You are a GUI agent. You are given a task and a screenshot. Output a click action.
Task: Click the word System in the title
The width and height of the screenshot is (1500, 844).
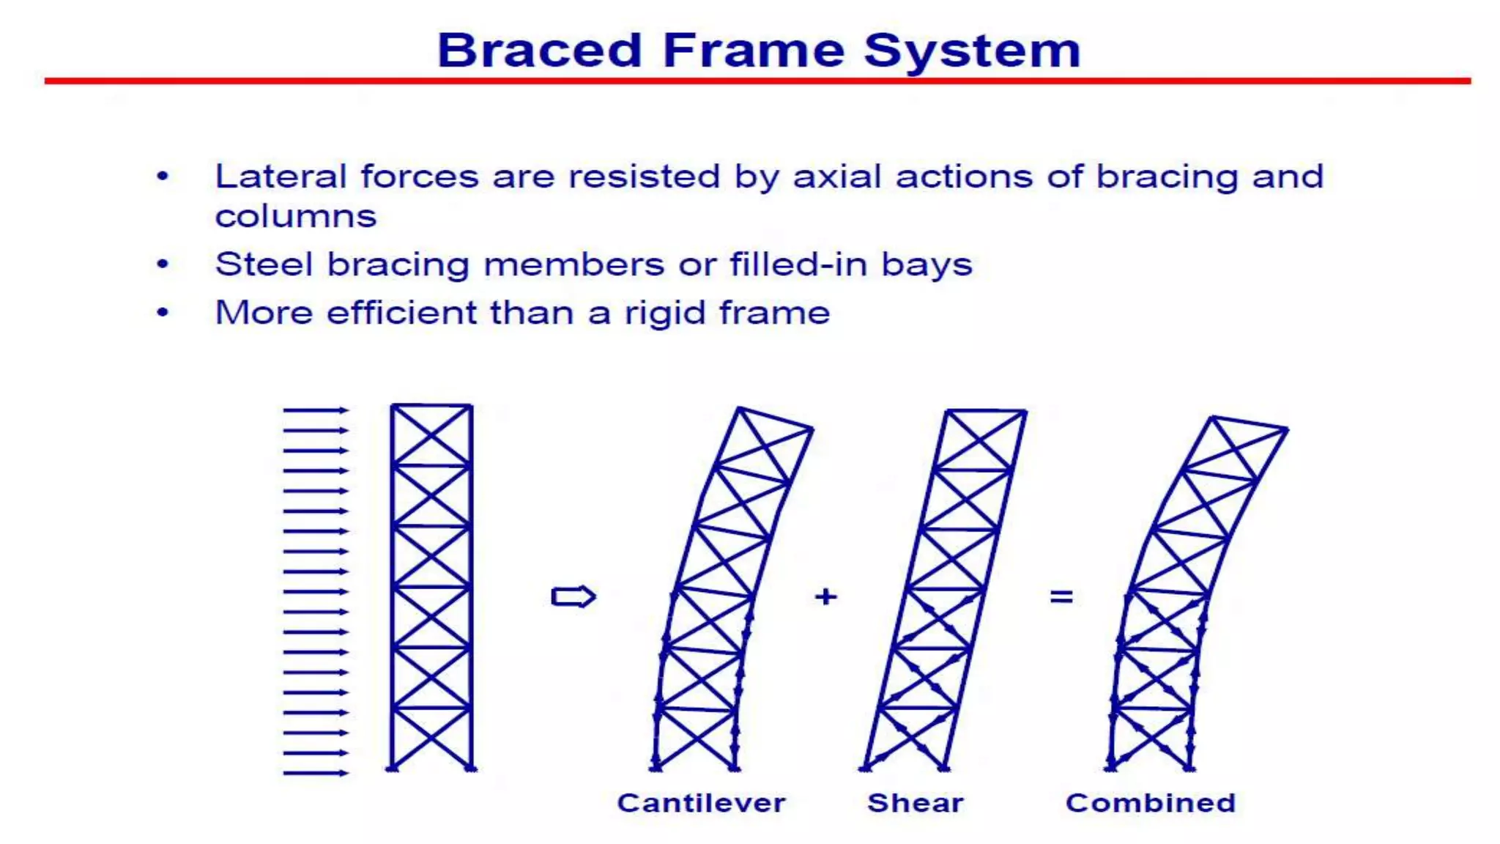tap(972, 51)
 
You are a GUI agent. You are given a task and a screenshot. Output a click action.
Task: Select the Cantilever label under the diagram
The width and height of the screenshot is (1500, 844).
tap(701, 803)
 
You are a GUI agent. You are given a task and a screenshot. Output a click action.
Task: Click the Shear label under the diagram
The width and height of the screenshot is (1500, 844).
tap(916, 803)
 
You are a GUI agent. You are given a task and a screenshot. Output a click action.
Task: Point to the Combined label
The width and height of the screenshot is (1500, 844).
tap(1151, 803)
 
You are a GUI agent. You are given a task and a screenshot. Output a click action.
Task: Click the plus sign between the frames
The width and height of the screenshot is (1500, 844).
tap(825, 596)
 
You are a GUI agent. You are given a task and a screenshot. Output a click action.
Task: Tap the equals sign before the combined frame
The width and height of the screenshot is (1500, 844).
tap(1061, 597)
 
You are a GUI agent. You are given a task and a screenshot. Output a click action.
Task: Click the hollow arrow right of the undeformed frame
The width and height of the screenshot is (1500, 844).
tap(573, 596)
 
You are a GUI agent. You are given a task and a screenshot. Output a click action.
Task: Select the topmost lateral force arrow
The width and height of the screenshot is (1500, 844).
tap(316, 410)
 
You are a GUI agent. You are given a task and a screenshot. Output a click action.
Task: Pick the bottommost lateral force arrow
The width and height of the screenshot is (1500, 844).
tap(316, 773)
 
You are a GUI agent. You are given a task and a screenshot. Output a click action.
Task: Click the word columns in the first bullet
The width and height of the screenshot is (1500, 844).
tap(295, 217)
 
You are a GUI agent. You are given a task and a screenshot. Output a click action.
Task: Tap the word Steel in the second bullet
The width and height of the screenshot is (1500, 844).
tap(264, 264)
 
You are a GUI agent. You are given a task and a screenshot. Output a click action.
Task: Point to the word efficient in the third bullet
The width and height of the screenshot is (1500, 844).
tap(402, 313)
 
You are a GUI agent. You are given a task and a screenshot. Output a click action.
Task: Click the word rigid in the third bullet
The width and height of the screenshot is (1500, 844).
tap(664, 314)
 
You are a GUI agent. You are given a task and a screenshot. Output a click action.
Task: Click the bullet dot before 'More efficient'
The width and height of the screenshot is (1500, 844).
tap(163, 313)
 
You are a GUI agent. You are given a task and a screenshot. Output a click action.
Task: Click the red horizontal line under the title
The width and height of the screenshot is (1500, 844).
tap(757, 81)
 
